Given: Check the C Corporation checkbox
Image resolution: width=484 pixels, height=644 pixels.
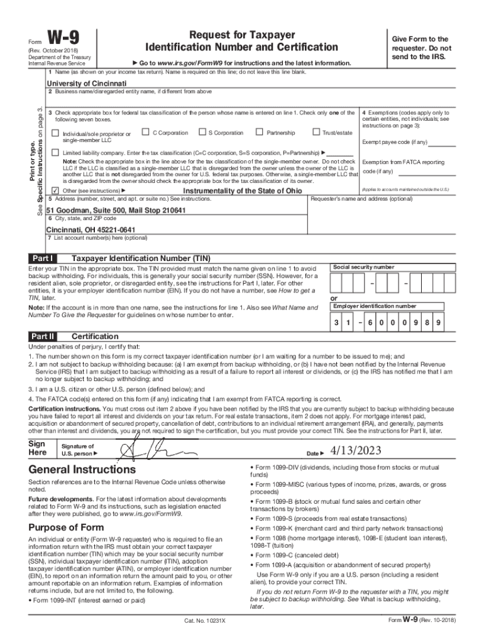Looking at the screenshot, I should [x=145, y=132].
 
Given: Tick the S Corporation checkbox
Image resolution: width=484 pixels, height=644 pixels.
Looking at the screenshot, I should [x=202, y=132].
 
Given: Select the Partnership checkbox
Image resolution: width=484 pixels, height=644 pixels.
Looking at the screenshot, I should [x=259, y=132].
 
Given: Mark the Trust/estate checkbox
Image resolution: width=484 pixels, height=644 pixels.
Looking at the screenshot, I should [x=316, y=132].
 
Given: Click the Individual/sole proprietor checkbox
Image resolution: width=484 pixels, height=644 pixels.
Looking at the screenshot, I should [x=55, y=133].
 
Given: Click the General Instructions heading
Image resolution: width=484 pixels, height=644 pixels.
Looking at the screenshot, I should [x=82, y=470].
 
